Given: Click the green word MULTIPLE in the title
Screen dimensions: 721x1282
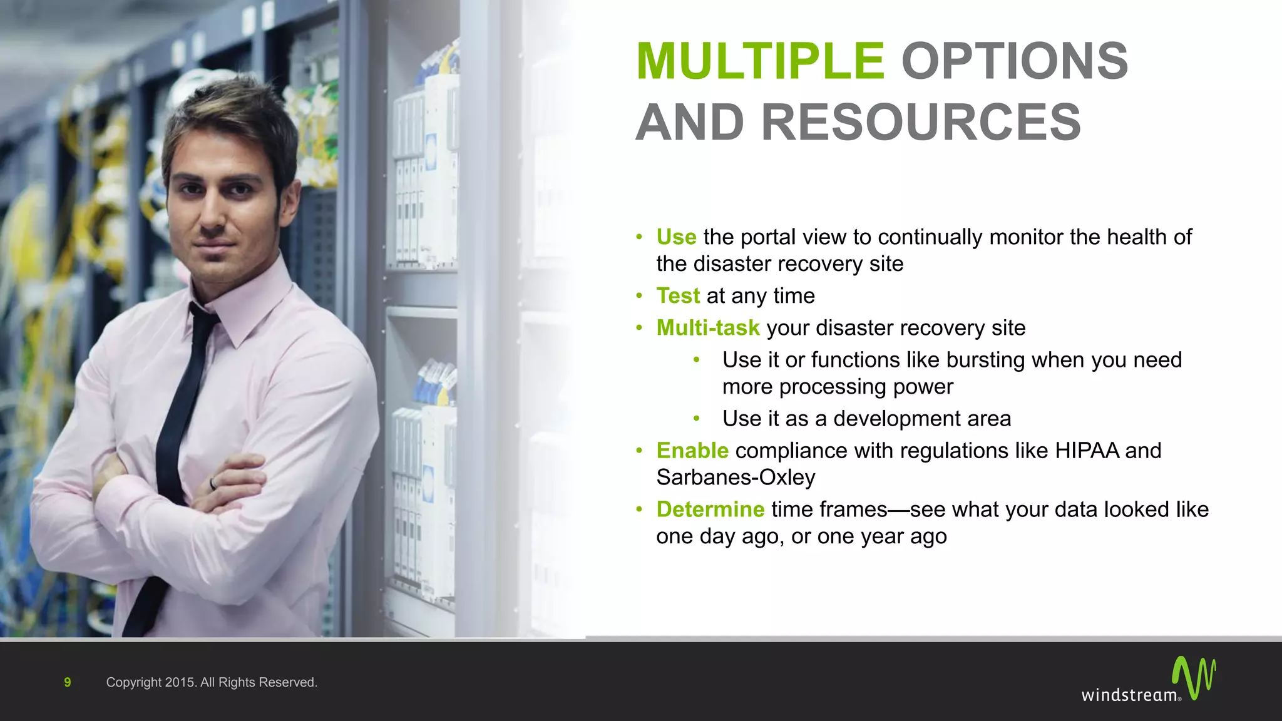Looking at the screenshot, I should [760, 61].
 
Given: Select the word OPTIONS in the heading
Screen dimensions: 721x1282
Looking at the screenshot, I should [1014, 61].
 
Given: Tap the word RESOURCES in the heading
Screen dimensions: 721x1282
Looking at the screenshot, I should [921, 123].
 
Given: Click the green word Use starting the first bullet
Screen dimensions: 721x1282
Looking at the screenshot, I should [676, 237].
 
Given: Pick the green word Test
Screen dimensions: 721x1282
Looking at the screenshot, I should [678, 295].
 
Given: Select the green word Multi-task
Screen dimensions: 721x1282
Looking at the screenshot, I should [707, 327].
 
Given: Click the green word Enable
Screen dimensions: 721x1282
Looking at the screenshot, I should [692, 451].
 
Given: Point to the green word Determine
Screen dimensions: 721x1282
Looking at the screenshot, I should [710, 509].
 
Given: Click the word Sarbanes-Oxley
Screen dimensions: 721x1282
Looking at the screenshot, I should [736, 478].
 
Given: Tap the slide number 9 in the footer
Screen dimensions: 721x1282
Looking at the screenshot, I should [68, 682].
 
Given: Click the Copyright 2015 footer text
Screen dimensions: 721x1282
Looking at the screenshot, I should [212, 682].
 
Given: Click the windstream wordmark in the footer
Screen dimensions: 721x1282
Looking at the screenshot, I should [1129, 695].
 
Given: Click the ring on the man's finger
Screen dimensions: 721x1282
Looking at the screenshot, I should [213, 483].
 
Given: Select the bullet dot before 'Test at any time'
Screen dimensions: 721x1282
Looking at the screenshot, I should [639, 295].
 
